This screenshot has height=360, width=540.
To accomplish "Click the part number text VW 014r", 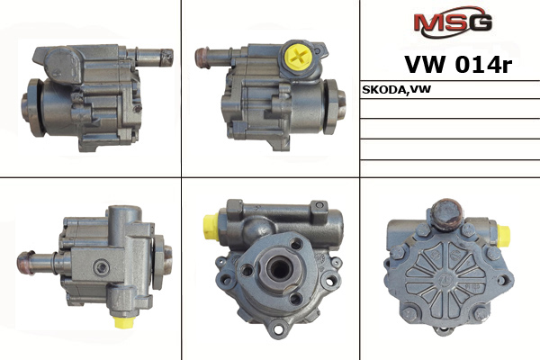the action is [458, 65].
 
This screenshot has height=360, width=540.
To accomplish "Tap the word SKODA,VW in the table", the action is [396, 90].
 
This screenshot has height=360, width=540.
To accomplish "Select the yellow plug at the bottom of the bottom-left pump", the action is [124, 322].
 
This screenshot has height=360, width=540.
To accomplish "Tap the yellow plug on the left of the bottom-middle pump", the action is [211, 226].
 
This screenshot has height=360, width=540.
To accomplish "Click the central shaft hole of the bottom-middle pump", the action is [279, 268].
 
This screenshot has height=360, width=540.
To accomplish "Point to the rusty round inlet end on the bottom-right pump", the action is [447, 213].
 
